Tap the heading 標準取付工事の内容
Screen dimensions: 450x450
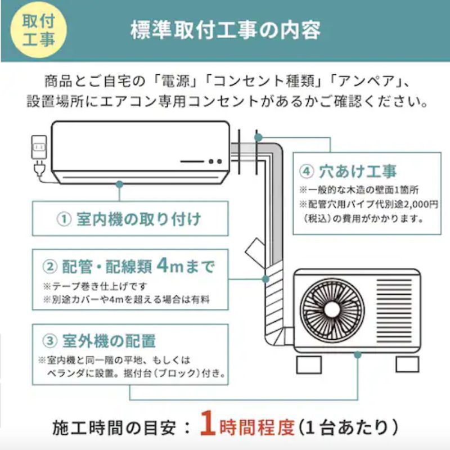point(226,30)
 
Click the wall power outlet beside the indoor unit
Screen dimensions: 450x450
point(39,148)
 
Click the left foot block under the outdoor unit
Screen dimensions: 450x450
point(308,364)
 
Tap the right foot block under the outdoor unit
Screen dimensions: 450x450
point(407,364)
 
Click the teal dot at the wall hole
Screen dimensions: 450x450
point(258,137)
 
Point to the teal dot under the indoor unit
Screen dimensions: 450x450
point(119,183)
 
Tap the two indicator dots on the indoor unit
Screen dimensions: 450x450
point(215,161)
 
